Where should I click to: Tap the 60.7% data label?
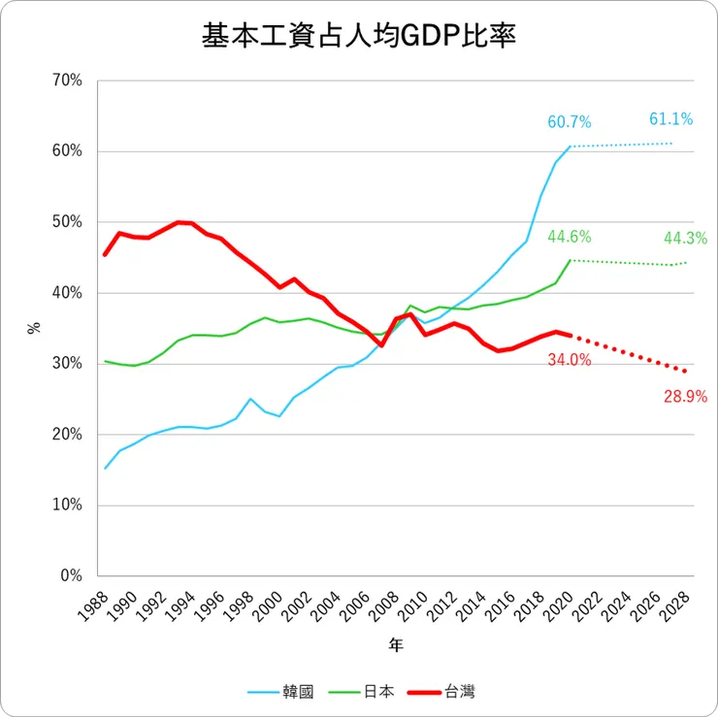570,122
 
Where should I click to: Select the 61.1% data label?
670,119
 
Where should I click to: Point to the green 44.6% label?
570,237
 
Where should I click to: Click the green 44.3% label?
685,238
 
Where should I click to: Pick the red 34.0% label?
570,360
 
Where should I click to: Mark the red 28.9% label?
685,396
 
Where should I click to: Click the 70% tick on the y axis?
66,81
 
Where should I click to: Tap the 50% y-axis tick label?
66,222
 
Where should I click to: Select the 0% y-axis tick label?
70,575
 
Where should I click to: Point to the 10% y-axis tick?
66,505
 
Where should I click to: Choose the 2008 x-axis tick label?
386,610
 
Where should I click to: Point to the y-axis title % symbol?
33,328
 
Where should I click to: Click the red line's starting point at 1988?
105,254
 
